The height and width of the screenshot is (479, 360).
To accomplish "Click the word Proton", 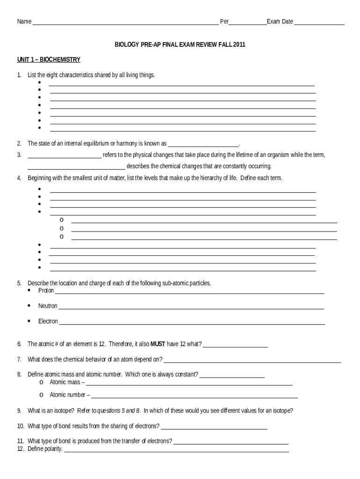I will point(46,291).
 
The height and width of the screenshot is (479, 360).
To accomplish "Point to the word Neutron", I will point(48,306).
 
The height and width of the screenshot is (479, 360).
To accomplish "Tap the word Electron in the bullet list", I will point(48,321).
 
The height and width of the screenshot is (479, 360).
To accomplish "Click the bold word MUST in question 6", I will point(157,344).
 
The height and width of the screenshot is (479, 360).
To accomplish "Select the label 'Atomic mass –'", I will point(68,382).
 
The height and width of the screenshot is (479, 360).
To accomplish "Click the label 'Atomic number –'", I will point(70,395).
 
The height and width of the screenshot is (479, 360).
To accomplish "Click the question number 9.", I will point(19,411).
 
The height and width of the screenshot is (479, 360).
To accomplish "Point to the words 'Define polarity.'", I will point(45,449).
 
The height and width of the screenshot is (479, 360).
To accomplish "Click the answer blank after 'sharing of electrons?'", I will point(214,427).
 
